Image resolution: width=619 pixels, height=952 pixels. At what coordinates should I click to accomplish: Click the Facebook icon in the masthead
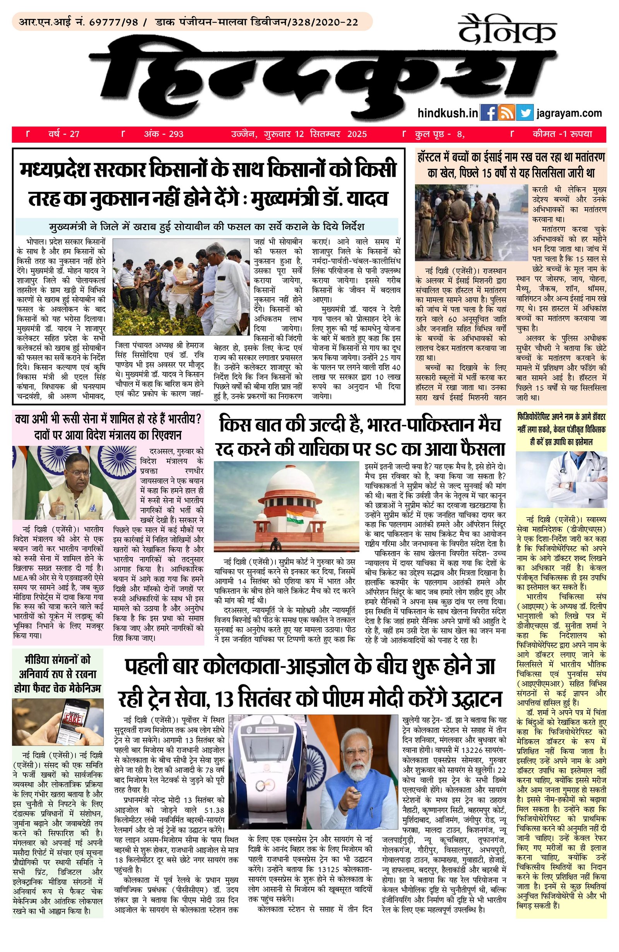[x=488, y=113]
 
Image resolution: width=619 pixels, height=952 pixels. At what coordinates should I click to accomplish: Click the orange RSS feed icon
[x=506, y=113]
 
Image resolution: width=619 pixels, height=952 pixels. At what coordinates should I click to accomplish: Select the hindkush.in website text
[x=447, y=114]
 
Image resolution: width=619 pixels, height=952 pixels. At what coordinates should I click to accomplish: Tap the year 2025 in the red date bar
[x=357, y=135]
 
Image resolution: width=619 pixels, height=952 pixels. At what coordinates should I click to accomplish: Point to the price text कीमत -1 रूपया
[x=562, y=135]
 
